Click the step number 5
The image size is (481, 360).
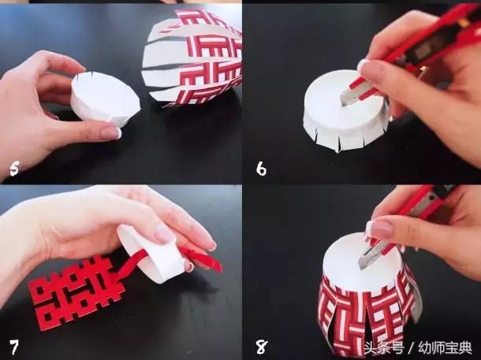coord(14,169)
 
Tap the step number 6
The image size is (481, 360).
coord(261,169)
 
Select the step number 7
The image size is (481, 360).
coord(14,347)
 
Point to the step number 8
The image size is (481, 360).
coord(262,347)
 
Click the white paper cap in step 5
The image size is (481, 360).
coord(105,98)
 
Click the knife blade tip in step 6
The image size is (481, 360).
coord(343,104)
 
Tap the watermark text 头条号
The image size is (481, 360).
coord(384,348)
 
